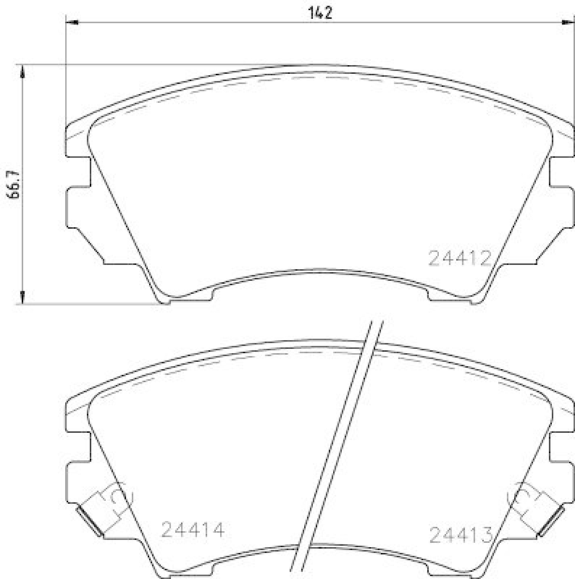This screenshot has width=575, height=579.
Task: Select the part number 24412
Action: pos(461,258)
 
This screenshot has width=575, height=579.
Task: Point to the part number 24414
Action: pos(193,530)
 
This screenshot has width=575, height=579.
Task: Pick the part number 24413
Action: pos(461,535)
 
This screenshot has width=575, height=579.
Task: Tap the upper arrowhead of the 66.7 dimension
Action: pos(24,71)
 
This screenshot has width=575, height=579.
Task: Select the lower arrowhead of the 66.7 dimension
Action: pos(24,297)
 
